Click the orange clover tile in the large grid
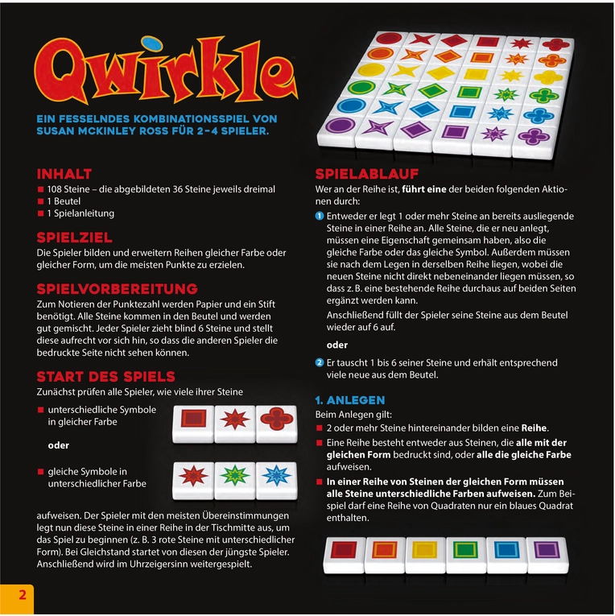point(548,60)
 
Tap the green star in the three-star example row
point(234,475)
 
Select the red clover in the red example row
point(276,419)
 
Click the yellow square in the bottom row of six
point(425,550)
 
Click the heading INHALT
point(64,174)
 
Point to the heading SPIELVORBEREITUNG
point(117,288)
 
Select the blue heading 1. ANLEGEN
point(350,399)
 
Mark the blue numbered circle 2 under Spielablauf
point(320,362)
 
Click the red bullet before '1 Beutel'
point(41,201)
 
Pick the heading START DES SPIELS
point(105,377)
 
